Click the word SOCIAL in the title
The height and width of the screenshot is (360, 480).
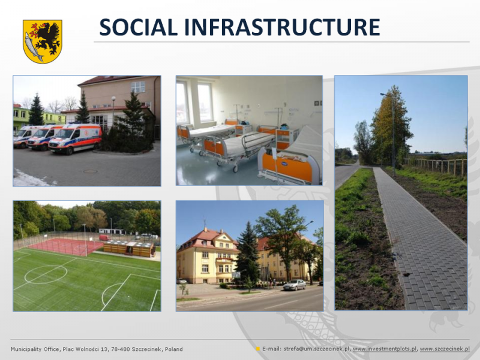click(139, 27)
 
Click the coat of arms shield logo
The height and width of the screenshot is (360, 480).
click(42, 41)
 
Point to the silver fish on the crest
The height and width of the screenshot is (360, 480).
click(33, 47)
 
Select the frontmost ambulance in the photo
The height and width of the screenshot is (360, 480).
click(75, 139)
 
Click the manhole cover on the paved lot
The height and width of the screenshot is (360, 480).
click(91, 171)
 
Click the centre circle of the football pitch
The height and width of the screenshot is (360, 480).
click(46, 274)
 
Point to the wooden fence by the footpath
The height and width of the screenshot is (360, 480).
click(436, 166)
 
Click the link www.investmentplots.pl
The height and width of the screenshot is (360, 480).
click(385, 349)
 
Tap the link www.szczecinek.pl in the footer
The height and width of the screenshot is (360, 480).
click(445, 349)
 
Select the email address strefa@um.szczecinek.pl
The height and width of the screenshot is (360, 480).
click(317, 349)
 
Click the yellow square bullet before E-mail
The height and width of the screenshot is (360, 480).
click(258, 349)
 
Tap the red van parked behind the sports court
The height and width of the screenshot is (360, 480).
click(104, 238)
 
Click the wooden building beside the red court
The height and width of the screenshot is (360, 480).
click(130, 248)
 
